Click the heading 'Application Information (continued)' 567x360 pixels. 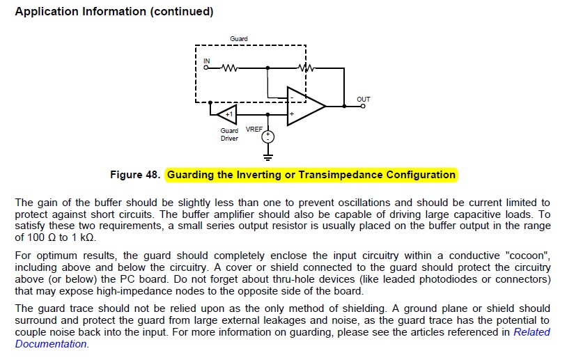tap(114, 12)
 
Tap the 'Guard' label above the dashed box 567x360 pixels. tap(239, 38)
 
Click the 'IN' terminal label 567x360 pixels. tap(206, 61)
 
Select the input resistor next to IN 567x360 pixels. tap(230, 68)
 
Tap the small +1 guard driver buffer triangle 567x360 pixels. tap(228, 112)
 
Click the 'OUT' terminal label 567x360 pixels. tap(363, 100)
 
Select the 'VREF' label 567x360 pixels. tap(254, 130)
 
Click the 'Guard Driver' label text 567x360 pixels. tap(229, 134)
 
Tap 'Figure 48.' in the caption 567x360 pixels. tap(136, 174)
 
